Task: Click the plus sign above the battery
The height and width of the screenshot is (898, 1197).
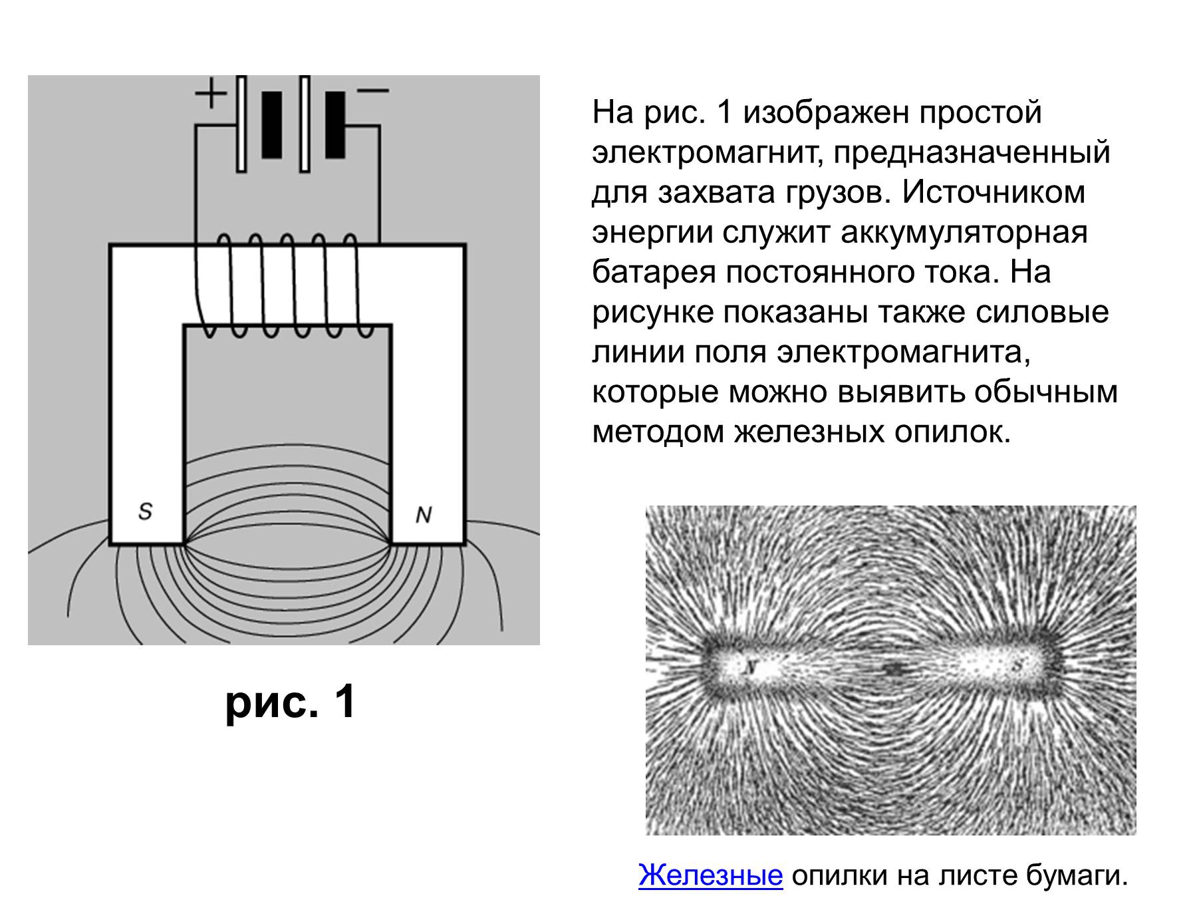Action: (210, 93)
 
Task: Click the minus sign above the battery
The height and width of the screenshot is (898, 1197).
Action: (373, 91)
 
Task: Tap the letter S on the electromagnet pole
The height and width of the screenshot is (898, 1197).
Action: (145, 511)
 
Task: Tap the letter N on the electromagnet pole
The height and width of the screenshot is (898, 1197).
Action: (424, 515)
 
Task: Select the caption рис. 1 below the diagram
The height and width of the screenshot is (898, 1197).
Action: (291, 702)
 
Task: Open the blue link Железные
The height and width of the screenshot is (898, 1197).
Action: (710, 875)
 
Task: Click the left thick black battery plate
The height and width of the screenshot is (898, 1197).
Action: (271, 125)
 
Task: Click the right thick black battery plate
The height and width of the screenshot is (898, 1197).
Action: (335, 125)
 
